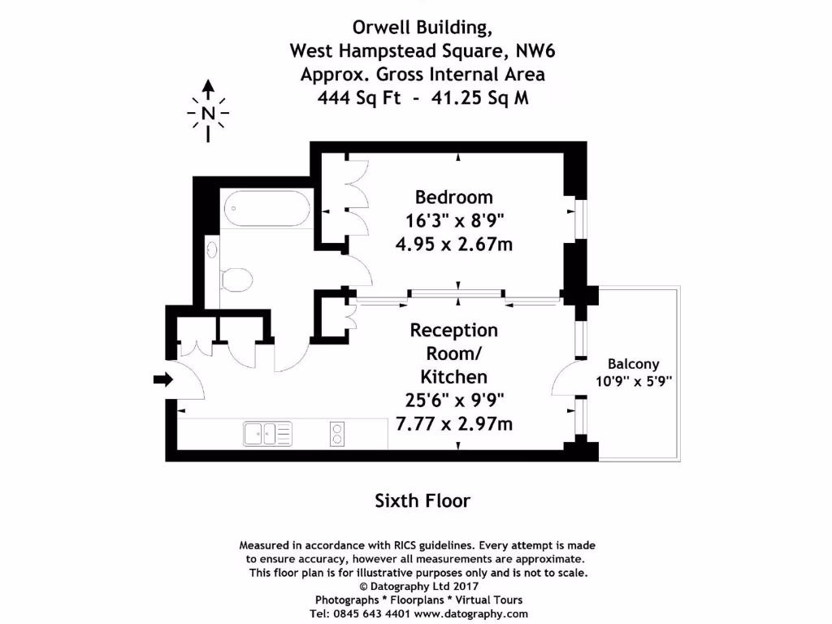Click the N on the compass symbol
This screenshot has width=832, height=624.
(x=209, y=113)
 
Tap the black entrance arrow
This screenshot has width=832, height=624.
(x=163, y=379)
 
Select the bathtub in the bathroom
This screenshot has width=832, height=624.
(x=266, y=209)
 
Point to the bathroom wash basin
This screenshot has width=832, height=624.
(x=212, y=249)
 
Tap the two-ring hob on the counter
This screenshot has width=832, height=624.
(x=336, y=434)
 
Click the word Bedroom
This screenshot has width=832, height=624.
(x=453, y=197)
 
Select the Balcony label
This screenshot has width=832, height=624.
(x=633, y=364)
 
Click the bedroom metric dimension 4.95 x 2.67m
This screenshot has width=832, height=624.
(x=453, y=244)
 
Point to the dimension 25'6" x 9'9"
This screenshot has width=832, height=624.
(x=453, y=400)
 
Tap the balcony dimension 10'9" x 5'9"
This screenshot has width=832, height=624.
(x=633, y=379)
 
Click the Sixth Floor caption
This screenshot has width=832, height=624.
(x=422, y=500)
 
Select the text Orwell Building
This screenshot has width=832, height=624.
(x=422, y=28)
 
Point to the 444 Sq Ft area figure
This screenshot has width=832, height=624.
(x=357, y=97)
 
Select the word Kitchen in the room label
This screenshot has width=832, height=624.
(x=453, y=376)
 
